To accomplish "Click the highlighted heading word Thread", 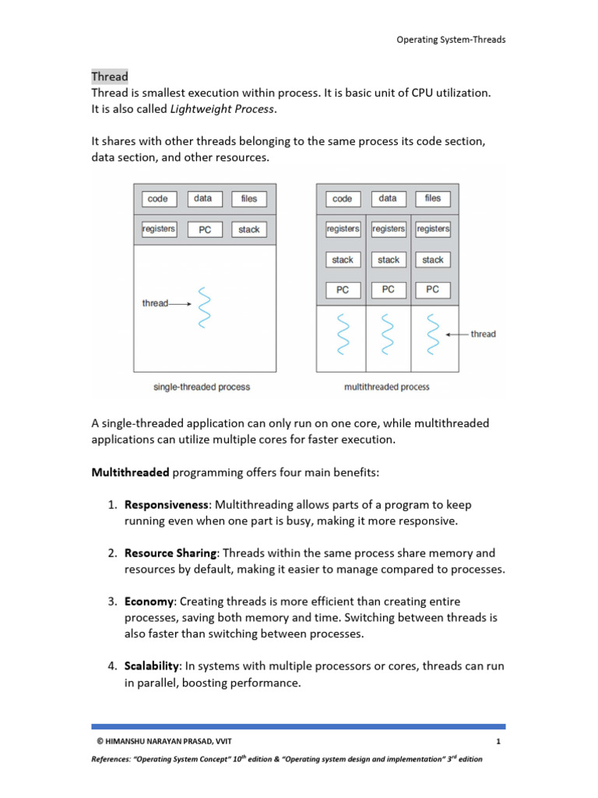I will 110,76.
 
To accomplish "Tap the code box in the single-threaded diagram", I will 158,199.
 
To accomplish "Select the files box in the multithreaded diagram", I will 432,199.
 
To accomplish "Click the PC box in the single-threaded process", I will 204,230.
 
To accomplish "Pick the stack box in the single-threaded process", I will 248,230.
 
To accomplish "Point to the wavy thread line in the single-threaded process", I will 204,307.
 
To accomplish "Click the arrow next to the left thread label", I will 180,303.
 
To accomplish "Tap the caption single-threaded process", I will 202,387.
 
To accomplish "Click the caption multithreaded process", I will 386,387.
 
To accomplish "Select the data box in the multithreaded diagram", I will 387,199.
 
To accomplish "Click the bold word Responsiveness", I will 167,505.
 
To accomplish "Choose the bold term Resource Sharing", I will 171,553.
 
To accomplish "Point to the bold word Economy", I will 149,602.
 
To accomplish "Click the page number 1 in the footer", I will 497,741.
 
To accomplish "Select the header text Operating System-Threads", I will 451,40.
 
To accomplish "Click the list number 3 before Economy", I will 112,602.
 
